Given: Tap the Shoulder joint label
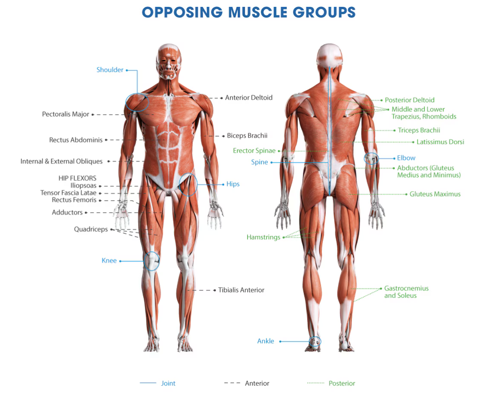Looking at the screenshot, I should pyautogui.click(x=110, y=70).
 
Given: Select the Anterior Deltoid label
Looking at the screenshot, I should pyautogui.click(x=249, y=98).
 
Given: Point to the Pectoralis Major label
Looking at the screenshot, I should pyautogui.click(x=66, y=114).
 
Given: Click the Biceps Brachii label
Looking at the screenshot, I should pyautogui.click(x=247, y=136).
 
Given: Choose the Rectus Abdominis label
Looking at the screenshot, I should pyautogui.click(x=76, y=140).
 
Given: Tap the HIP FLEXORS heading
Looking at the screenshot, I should pyautogui.click(x=77, y=178).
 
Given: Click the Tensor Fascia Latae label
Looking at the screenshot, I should pyautogui.click(x=68, y=193).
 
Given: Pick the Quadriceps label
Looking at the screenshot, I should pyautogui.click(x=91, y=229).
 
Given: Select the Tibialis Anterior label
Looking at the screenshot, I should pyautogui.click(x=241, y=290).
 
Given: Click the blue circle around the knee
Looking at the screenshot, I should pyautogui.click(x=151, y=261).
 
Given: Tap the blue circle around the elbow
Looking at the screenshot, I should pyautogui.click(x=371, y=158).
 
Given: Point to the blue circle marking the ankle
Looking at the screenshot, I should pyautogui.click(x=315, y=341).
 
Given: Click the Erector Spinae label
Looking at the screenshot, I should pyautogui.click(x=254, y=151).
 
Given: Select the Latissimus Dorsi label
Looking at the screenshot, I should pyautogui.click(x=440, y=142).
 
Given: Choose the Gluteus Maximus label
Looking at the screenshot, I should pyautogui.click(x=435, y=194).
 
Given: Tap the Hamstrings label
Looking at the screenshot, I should pyautogui.click(x=263, y=237).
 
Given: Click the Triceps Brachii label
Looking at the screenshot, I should pyautogui.click(x=419, y=130).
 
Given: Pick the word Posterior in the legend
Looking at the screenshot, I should pyautogui.click(x=342, y=384).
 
